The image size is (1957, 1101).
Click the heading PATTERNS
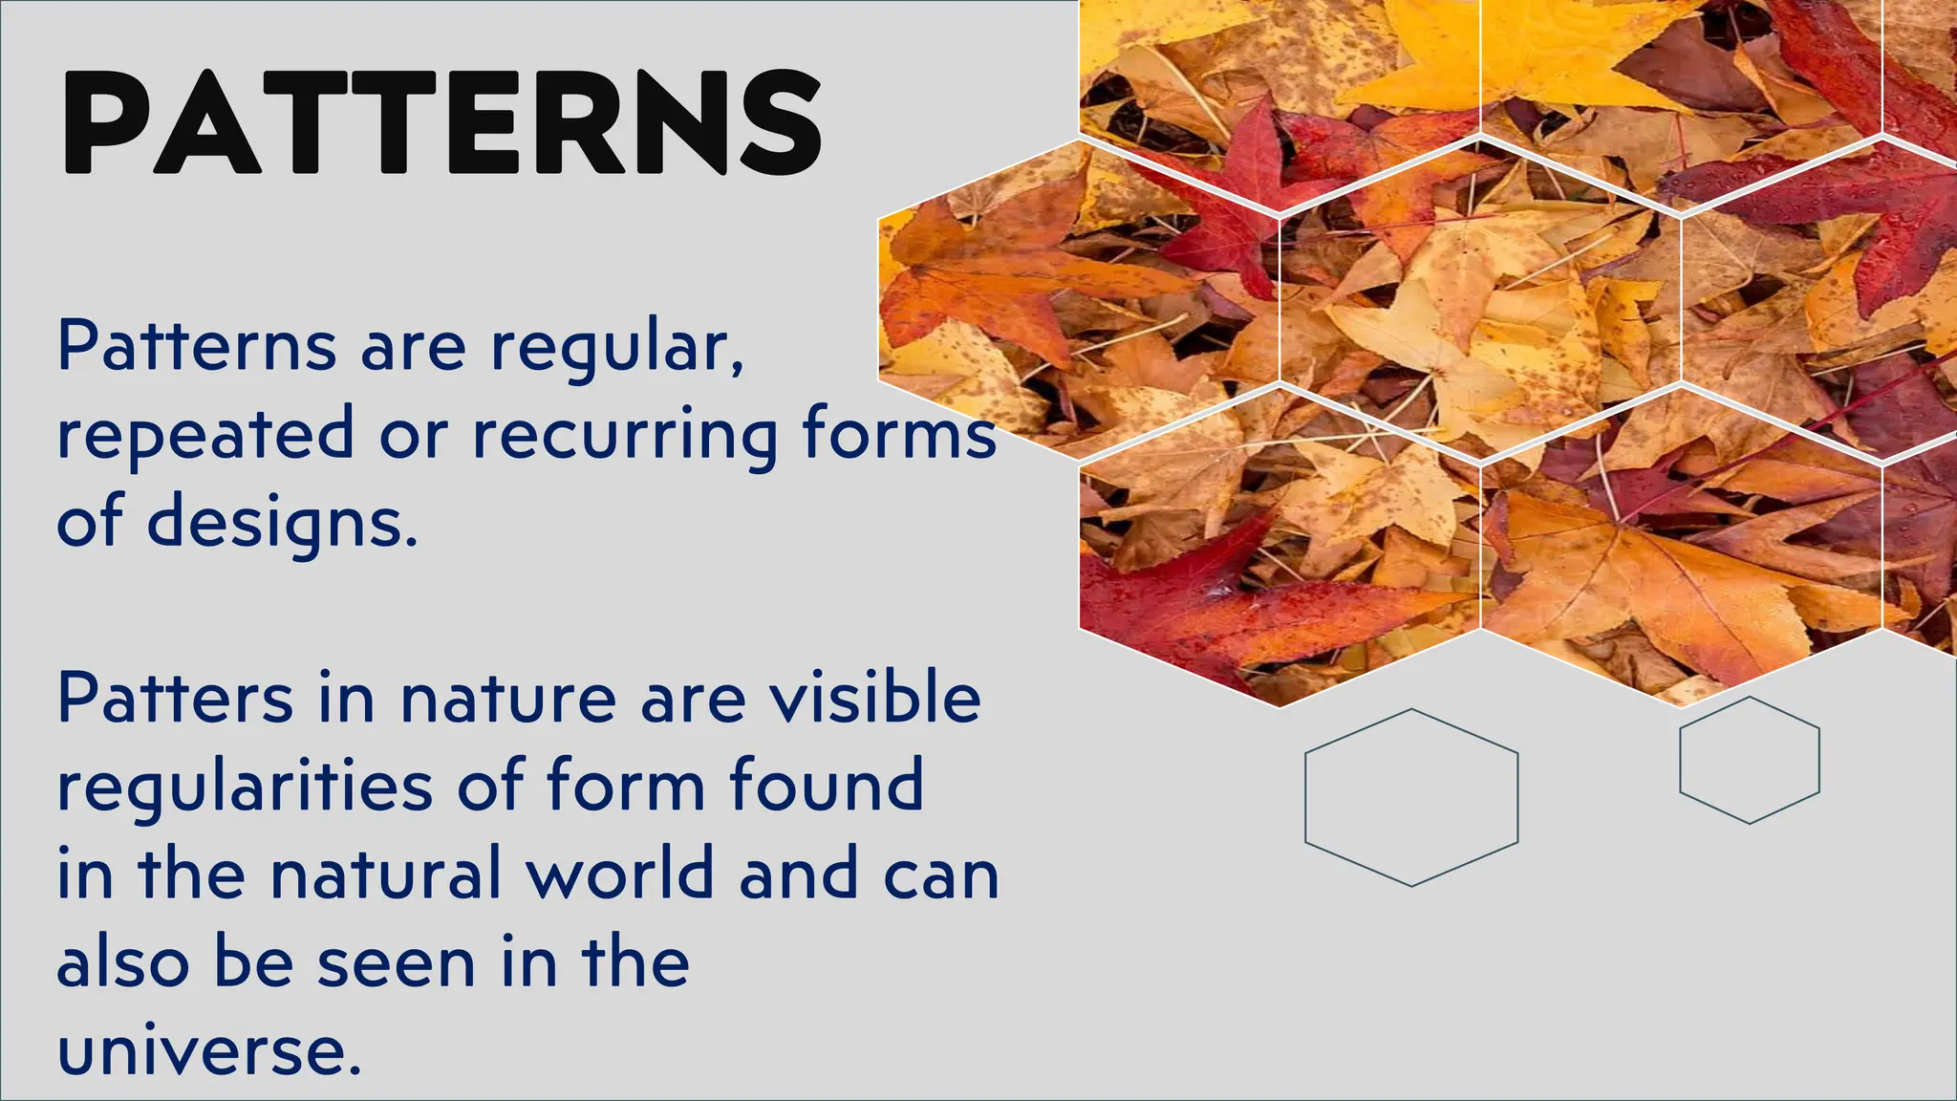tap(441, 122)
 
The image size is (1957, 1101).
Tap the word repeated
tap(205, 435)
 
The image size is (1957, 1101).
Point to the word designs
tap(282, 524)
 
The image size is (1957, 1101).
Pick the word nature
tap(508, 700)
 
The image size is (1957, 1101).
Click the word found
tap(827, 786)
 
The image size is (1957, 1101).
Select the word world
tap(620, 874)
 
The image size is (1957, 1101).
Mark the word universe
tap(209, 1051)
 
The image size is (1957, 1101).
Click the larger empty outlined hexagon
tap(1411, 797)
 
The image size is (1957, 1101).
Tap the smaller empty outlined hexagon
tap(1750, 760)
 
